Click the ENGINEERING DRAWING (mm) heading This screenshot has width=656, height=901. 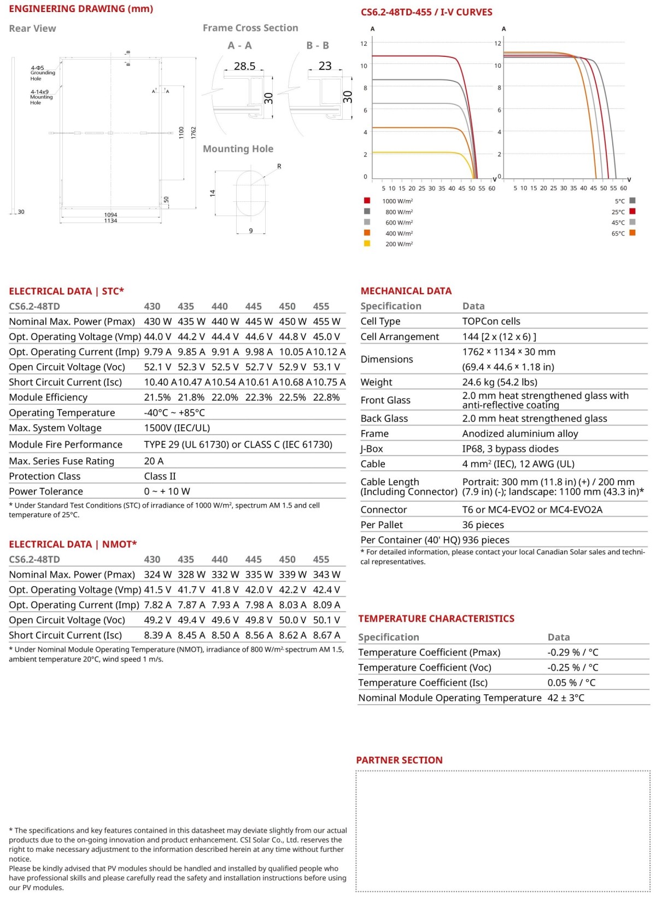81,9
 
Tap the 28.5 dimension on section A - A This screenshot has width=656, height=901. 244,66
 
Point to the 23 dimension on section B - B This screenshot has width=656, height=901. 325,66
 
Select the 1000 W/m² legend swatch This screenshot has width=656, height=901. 367,201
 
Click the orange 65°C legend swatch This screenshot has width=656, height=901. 632,233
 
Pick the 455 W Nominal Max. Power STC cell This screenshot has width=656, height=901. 326,321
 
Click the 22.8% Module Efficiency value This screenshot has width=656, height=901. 326,397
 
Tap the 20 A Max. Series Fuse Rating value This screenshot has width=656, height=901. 154,461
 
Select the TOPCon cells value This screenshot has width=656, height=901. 491,321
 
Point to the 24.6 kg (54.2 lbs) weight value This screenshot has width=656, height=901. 500,382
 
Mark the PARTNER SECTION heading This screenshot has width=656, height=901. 399,760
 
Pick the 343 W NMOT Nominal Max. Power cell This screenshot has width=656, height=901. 326,575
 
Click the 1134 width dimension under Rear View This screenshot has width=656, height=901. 110,221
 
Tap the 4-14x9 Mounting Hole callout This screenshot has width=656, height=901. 41,97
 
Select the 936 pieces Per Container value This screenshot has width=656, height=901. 485,540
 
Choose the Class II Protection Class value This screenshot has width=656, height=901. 160,476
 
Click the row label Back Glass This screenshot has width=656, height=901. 384,418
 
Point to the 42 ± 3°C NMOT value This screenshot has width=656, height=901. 566,698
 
